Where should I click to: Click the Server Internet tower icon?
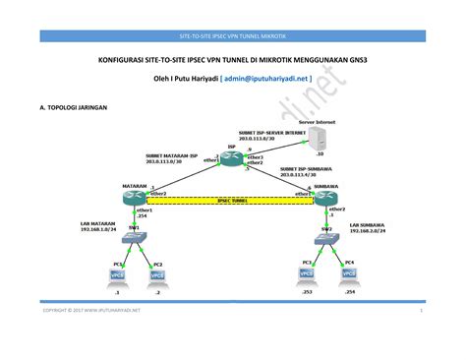coord(320,137)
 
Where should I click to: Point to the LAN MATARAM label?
coord(101,223)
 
